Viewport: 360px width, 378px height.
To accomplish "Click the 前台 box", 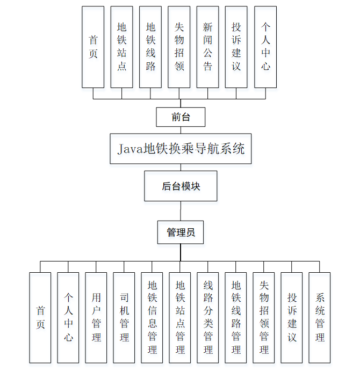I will [181, 117].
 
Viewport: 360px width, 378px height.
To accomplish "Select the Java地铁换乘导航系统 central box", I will [181, 148].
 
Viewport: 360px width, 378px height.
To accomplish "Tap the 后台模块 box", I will [181, 186].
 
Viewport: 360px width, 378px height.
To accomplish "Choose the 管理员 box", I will [181, 232].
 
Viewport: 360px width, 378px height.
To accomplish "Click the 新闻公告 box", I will [207, 47].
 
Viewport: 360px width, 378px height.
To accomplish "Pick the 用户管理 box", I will [96, 317].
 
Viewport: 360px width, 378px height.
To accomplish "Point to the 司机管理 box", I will [124, 317].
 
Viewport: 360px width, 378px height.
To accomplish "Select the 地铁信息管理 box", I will [152, 317].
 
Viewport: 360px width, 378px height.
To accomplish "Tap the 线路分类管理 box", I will [208, 317].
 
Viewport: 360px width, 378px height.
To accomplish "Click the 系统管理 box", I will [320, 317].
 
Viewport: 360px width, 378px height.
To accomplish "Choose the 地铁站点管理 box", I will [180, 317].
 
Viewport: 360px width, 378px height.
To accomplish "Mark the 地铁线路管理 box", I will [236, 317].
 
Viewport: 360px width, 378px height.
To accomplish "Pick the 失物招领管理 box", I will [264, 317].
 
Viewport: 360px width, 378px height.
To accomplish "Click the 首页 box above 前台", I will [93, 47].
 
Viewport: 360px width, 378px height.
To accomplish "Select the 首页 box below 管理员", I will [40, 317].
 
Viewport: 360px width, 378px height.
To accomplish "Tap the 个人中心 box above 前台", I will [265, 47].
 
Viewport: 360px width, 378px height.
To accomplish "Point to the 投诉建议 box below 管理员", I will [292, 317].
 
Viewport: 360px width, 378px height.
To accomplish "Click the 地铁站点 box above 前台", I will [121, 47].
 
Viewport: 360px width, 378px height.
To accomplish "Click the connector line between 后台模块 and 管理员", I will [181, 210].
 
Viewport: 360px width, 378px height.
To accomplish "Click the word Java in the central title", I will [129, 149].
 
